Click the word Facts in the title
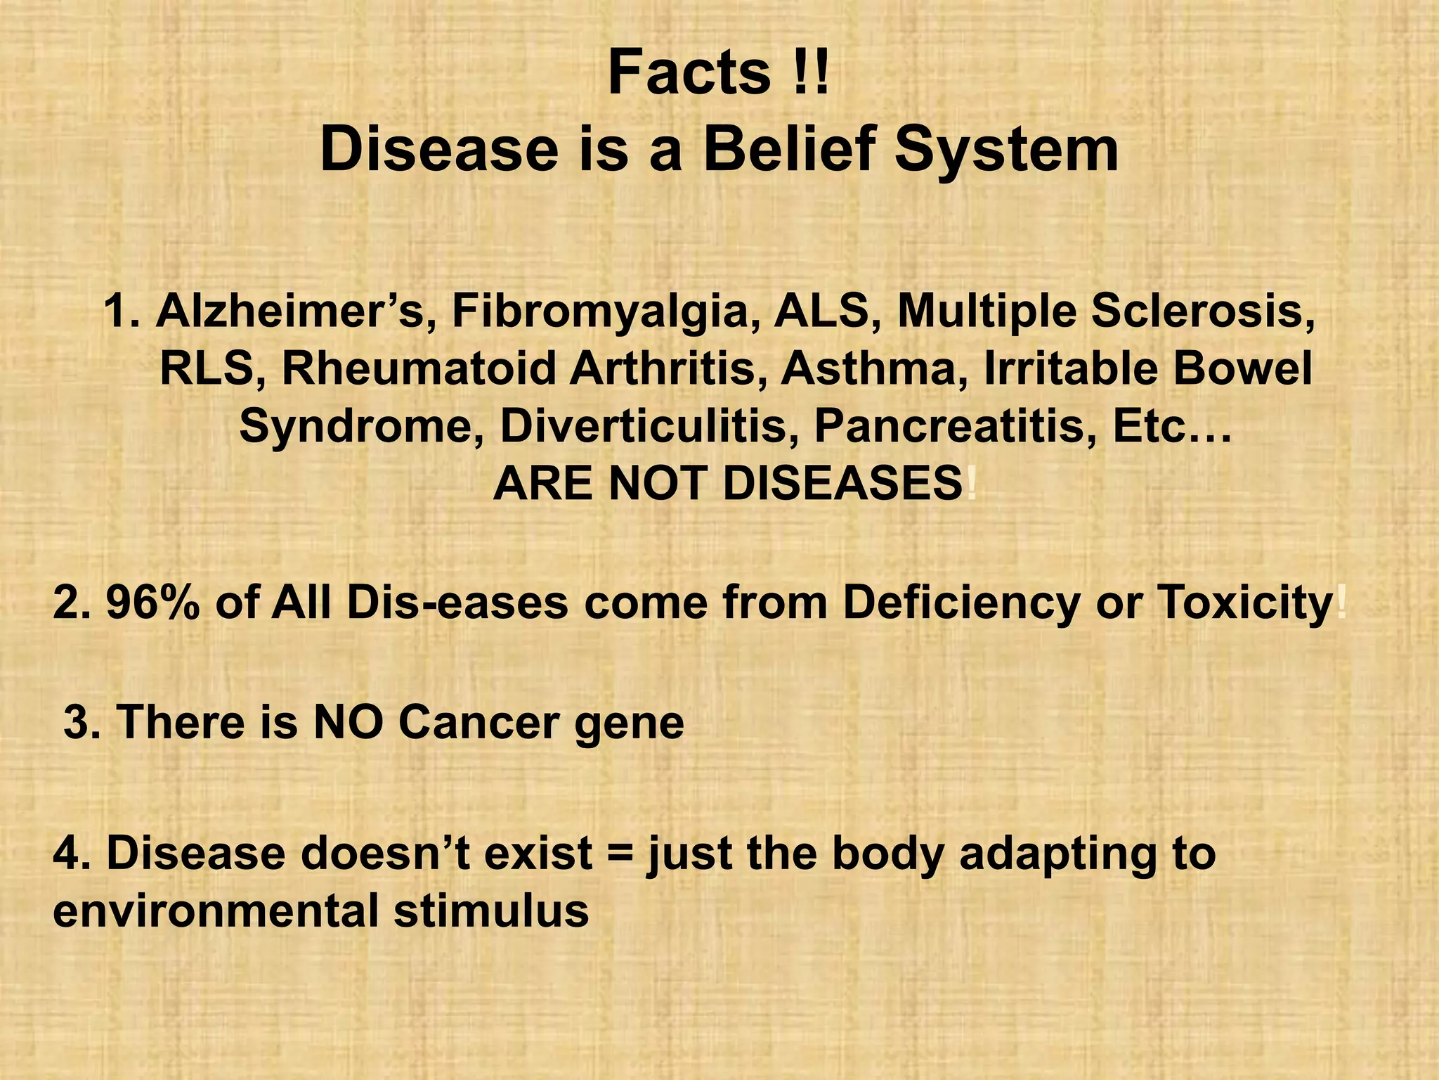pos(689,73)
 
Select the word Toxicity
pos(1244,603)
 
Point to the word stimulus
pos(491,911)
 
